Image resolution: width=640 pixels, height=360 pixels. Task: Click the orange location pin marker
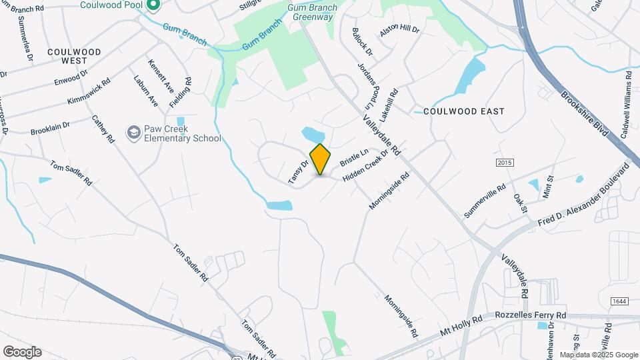click(321, 159)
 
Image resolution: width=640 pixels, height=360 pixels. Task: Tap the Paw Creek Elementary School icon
click(135, 133)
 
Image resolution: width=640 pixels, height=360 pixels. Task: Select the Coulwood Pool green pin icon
click(153, 6)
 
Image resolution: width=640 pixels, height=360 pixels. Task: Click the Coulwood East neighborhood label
click(464, 111)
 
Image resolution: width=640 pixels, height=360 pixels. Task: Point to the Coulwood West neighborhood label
click(73, 56)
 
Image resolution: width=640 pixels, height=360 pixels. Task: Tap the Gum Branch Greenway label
click(311, 12)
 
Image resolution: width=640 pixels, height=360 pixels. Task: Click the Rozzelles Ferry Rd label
click(531, 315)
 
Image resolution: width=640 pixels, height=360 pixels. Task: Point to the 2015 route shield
click(505, 163)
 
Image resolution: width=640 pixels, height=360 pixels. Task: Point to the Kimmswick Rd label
click(89, 93)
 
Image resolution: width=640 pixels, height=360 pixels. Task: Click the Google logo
click(22, 352)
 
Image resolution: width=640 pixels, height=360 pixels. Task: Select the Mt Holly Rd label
click(459, 327)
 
